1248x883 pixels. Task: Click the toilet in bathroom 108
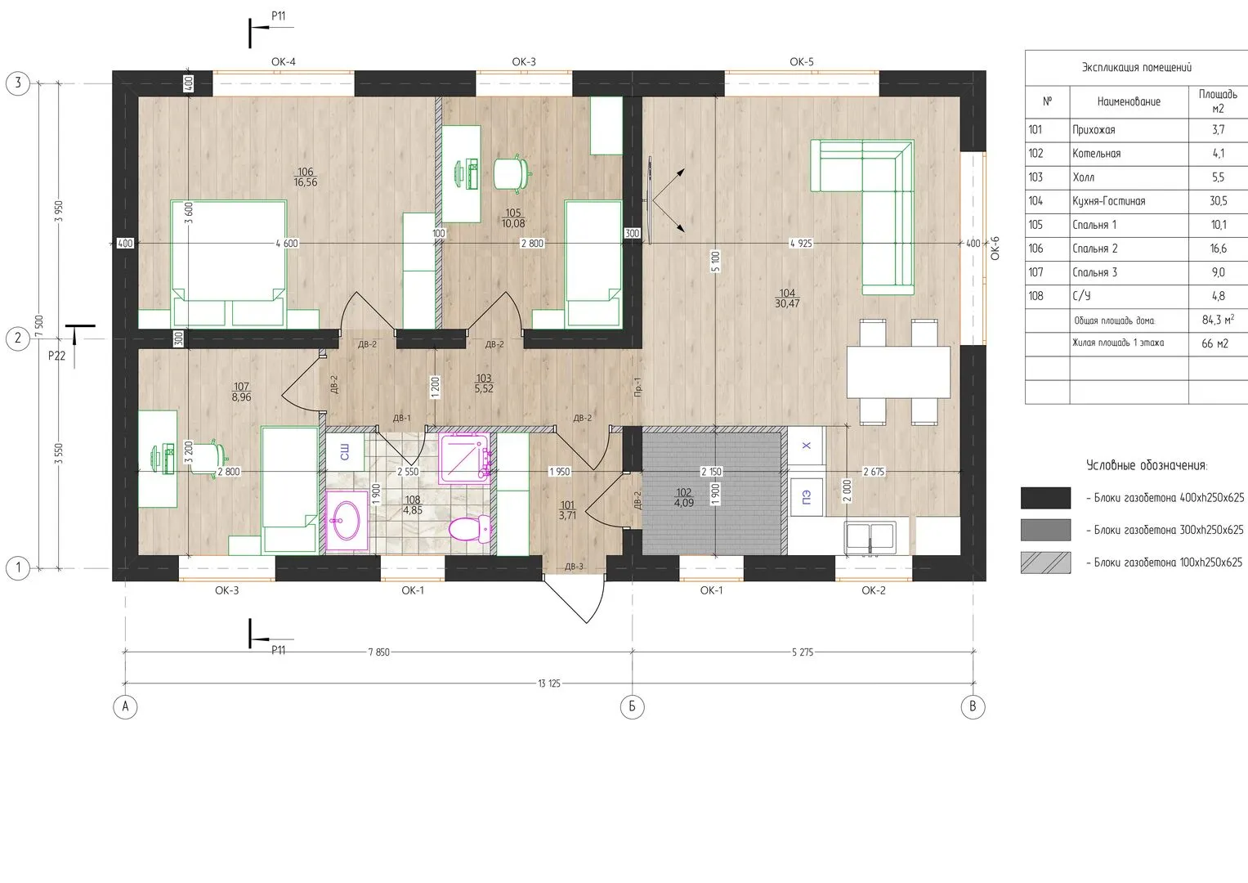469,528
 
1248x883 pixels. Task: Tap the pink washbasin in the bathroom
347,520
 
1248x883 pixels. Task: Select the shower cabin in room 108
465,458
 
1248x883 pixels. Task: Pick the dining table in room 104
898,372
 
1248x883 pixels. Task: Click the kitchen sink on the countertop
870,538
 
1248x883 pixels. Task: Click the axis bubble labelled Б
632,707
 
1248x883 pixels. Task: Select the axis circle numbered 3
18,83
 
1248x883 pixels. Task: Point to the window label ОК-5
801,62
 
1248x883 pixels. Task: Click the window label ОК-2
873,590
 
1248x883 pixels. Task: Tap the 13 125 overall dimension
549,684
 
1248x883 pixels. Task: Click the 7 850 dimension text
379,652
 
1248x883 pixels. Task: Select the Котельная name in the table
1097,154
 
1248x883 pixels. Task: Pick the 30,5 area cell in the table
1218,200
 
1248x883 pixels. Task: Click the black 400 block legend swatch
1045,498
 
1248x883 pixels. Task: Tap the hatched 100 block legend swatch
1045,563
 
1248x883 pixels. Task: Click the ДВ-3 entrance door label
574,567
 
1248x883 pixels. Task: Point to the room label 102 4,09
683,497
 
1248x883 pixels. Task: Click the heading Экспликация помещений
1137,67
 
